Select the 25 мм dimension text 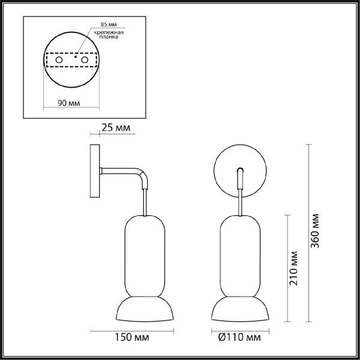pyautogui.click(x=115, y=128)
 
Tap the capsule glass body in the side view pyautogui.click(x=145, y=256)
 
